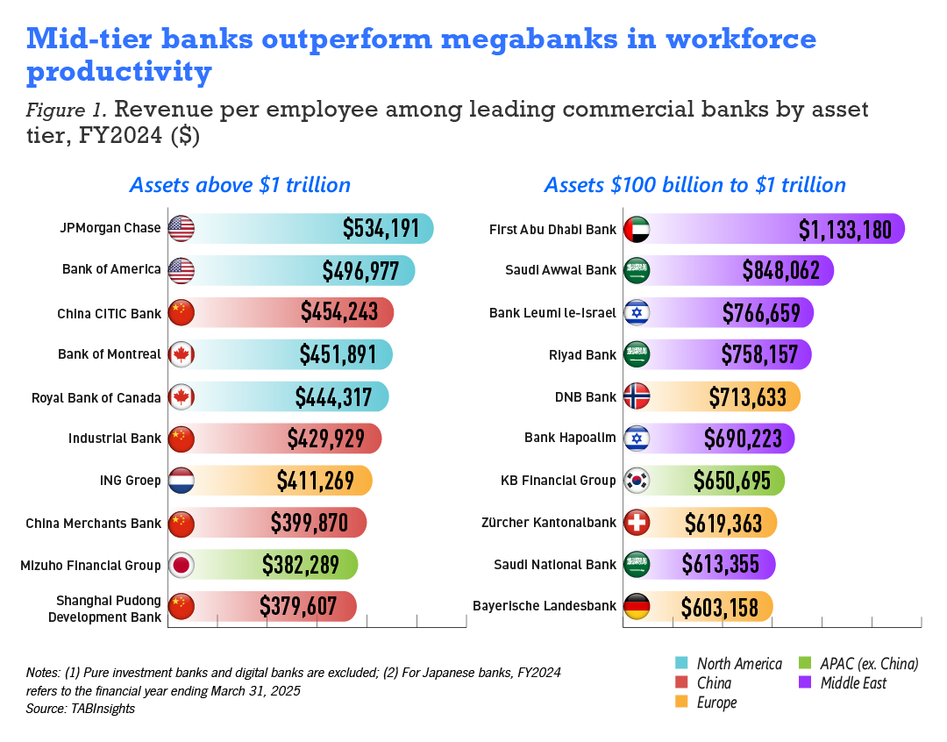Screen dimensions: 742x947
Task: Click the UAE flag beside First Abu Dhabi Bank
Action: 637,229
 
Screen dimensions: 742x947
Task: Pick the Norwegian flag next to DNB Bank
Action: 637,397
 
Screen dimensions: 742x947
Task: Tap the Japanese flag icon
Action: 181,565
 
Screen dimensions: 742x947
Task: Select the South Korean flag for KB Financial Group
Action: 637,481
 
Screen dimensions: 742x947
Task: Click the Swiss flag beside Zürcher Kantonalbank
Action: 637,523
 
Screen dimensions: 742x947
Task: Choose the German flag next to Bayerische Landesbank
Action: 637,606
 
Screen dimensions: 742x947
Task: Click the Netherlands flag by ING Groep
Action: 181,481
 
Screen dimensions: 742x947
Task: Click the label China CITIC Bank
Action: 109,313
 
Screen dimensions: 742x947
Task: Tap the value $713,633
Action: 747,397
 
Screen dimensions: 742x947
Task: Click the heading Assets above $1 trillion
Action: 240,185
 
